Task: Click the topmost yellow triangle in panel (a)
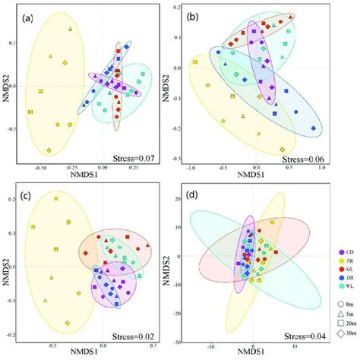pos(70,30)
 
